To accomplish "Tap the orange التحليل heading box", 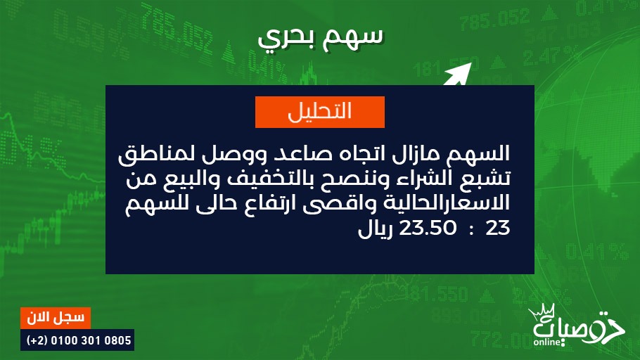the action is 320,112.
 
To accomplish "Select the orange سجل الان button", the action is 56,318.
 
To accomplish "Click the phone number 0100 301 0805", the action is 91,340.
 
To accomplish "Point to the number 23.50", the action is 428,228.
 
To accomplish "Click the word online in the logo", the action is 547,342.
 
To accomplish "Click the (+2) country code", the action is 37,340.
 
